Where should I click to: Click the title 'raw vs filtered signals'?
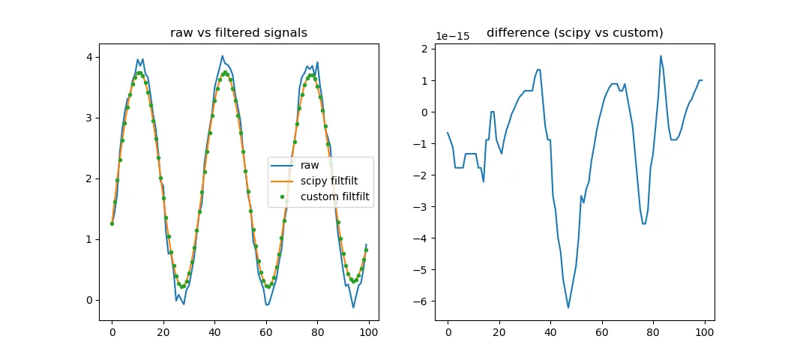238,32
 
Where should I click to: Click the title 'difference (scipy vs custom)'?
574,32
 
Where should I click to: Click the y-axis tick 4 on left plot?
88,57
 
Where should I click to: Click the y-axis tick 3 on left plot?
88,118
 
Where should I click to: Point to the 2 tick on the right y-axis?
424,49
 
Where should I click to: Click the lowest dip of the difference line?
568,307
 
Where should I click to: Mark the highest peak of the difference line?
661,55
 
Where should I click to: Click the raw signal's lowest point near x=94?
353,307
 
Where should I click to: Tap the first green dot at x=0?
112,223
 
